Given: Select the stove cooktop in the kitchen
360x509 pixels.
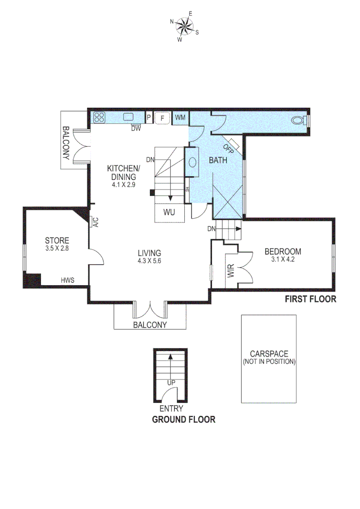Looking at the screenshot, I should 99,117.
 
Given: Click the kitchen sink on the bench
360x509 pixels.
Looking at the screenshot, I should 129,117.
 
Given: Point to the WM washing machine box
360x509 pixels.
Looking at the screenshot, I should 180,117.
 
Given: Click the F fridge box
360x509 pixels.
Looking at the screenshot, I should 163,118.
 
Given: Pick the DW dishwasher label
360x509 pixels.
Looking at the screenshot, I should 136,128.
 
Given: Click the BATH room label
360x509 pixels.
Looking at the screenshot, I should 218,160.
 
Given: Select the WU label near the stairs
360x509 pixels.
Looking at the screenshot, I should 169,212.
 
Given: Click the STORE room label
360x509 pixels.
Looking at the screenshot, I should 57,240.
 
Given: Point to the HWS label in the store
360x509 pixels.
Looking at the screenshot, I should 67,280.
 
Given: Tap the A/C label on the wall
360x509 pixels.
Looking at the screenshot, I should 95,222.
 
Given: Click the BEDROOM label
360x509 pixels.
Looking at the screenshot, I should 282,251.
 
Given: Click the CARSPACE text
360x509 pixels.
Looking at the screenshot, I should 269,353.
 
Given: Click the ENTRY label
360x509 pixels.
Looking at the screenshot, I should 171,409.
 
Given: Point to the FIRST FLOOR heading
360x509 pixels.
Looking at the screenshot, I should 311,299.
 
